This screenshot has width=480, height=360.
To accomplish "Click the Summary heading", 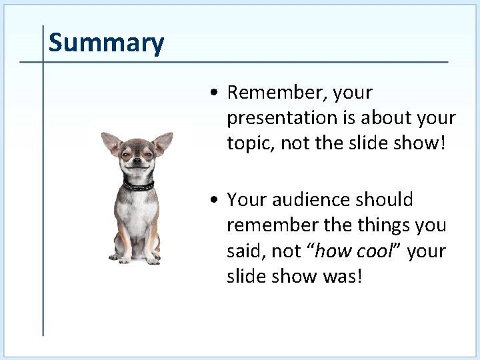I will coord(106,43).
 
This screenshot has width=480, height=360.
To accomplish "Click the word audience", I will coord(316,199).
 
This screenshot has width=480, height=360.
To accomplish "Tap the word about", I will coord(378,117).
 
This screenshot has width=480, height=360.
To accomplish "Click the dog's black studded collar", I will coord(139,185).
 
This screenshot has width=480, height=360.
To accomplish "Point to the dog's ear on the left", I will coord(111,143).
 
